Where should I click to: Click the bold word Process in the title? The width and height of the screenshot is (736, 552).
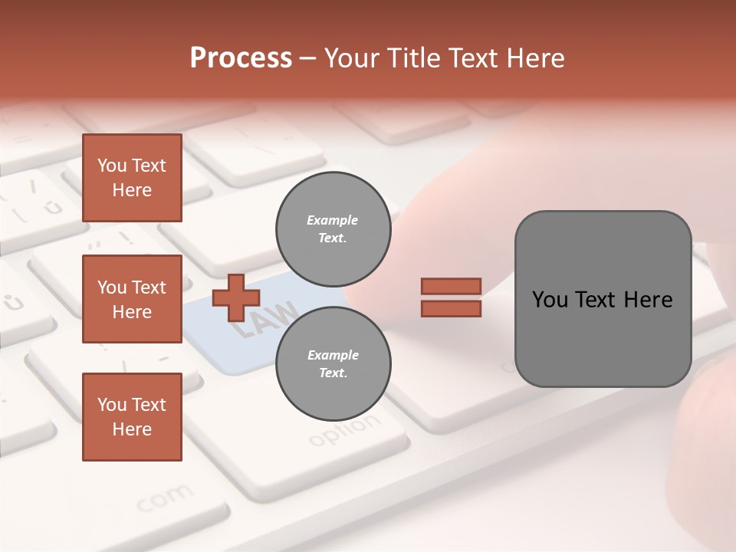[241, 58]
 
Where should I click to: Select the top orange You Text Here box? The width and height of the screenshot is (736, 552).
[132, 178]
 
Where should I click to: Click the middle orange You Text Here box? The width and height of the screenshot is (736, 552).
[132, 299]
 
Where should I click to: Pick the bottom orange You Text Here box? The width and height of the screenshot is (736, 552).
[132, 416]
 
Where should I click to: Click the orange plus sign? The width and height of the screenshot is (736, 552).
[235, 297]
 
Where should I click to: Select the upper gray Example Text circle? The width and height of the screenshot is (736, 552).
[333, 229]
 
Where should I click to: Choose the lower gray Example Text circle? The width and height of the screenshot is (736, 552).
[333, 363]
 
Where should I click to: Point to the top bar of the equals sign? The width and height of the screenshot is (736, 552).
[451, 286]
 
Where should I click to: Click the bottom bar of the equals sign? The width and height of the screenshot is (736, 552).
[451, 308]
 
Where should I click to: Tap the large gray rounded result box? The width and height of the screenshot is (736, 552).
[603, 299]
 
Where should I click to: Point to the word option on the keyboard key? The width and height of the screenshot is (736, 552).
[344, 431]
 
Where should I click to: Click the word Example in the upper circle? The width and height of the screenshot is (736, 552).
[332, 220]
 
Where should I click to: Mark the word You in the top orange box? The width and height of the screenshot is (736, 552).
[111, 166]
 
